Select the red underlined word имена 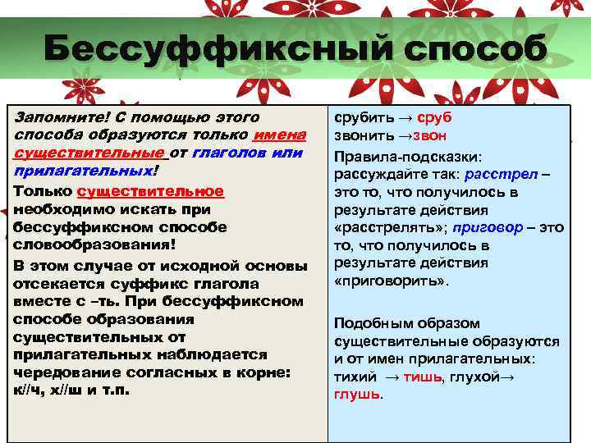[280, 135]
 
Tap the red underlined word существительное [149, 190]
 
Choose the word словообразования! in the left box [94, 245]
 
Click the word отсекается [51, 283]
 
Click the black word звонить [361, 135]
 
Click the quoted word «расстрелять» [379, 227]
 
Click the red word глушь [357, 395]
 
